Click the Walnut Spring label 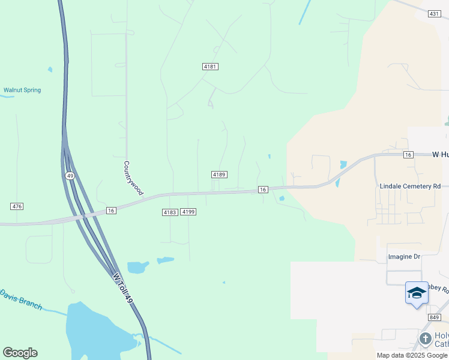pos(22,91)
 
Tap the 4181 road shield pos(210,67)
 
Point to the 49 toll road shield pos(70,175)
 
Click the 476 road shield pos(17,206)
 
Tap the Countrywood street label pos(133,178)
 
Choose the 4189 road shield pos(218,174)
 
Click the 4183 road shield pos(170,212)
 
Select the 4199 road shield pos(188,212)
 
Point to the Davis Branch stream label pos(21,299)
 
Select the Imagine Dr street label pos(405,257)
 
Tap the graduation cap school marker pos(417,293)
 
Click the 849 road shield pos(435,317)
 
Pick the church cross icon pos(426,339)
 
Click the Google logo pos(20,353)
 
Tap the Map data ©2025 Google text pos(411,355)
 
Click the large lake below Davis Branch pos(96,330)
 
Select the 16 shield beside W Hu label pos(408,155)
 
